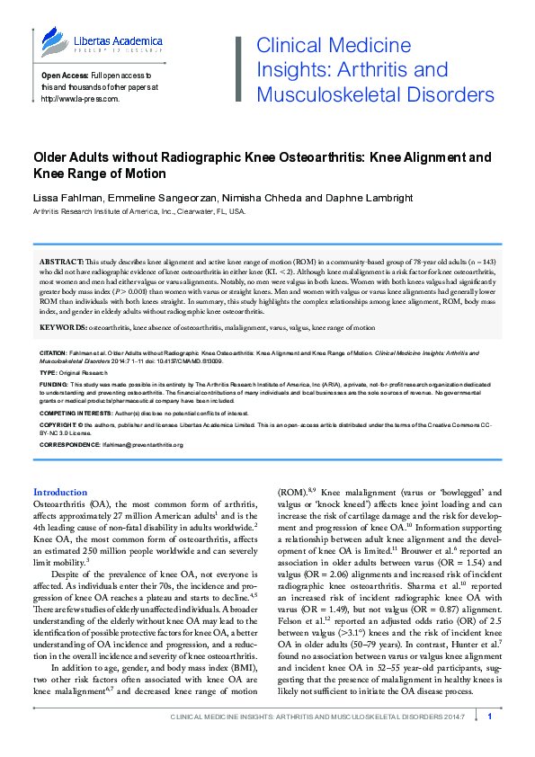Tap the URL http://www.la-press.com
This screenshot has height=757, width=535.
click(81, 99)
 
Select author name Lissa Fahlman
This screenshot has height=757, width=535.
click(67, 196)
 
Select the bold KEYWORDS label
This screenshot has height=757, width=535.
click(63, 328)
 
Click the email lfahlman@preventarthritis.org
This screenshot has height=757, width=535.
click(135, 444)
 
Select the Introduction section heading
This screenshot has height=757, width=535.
click(60, 493)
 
